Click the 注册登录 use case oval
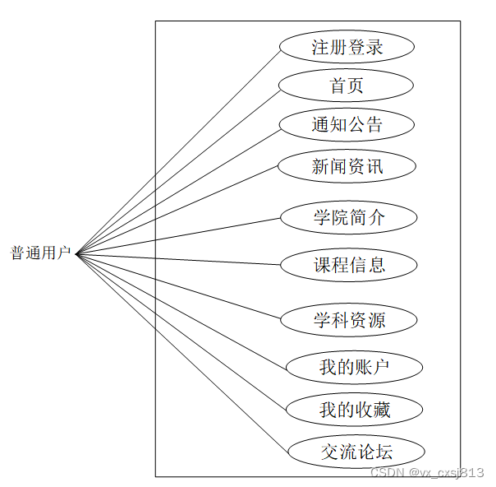tap(347, 47)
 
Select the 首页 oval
tap(346, 86)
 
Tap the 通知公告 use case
tap(347, 125)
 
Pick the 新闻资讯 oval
tap(347, 167)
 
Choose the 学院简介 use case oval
tap(349, 218)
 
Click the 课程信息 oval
tap(349, 265)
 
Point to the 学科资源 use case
tap(349, 320)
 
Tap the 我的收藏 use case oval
tap(354, 409)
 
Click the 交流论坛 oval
tap(356, 452)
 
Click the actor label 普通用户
tap(40, 253)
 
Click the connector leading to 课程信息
tap(178, 260)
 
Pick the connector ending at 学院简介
tap(178, 236)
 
